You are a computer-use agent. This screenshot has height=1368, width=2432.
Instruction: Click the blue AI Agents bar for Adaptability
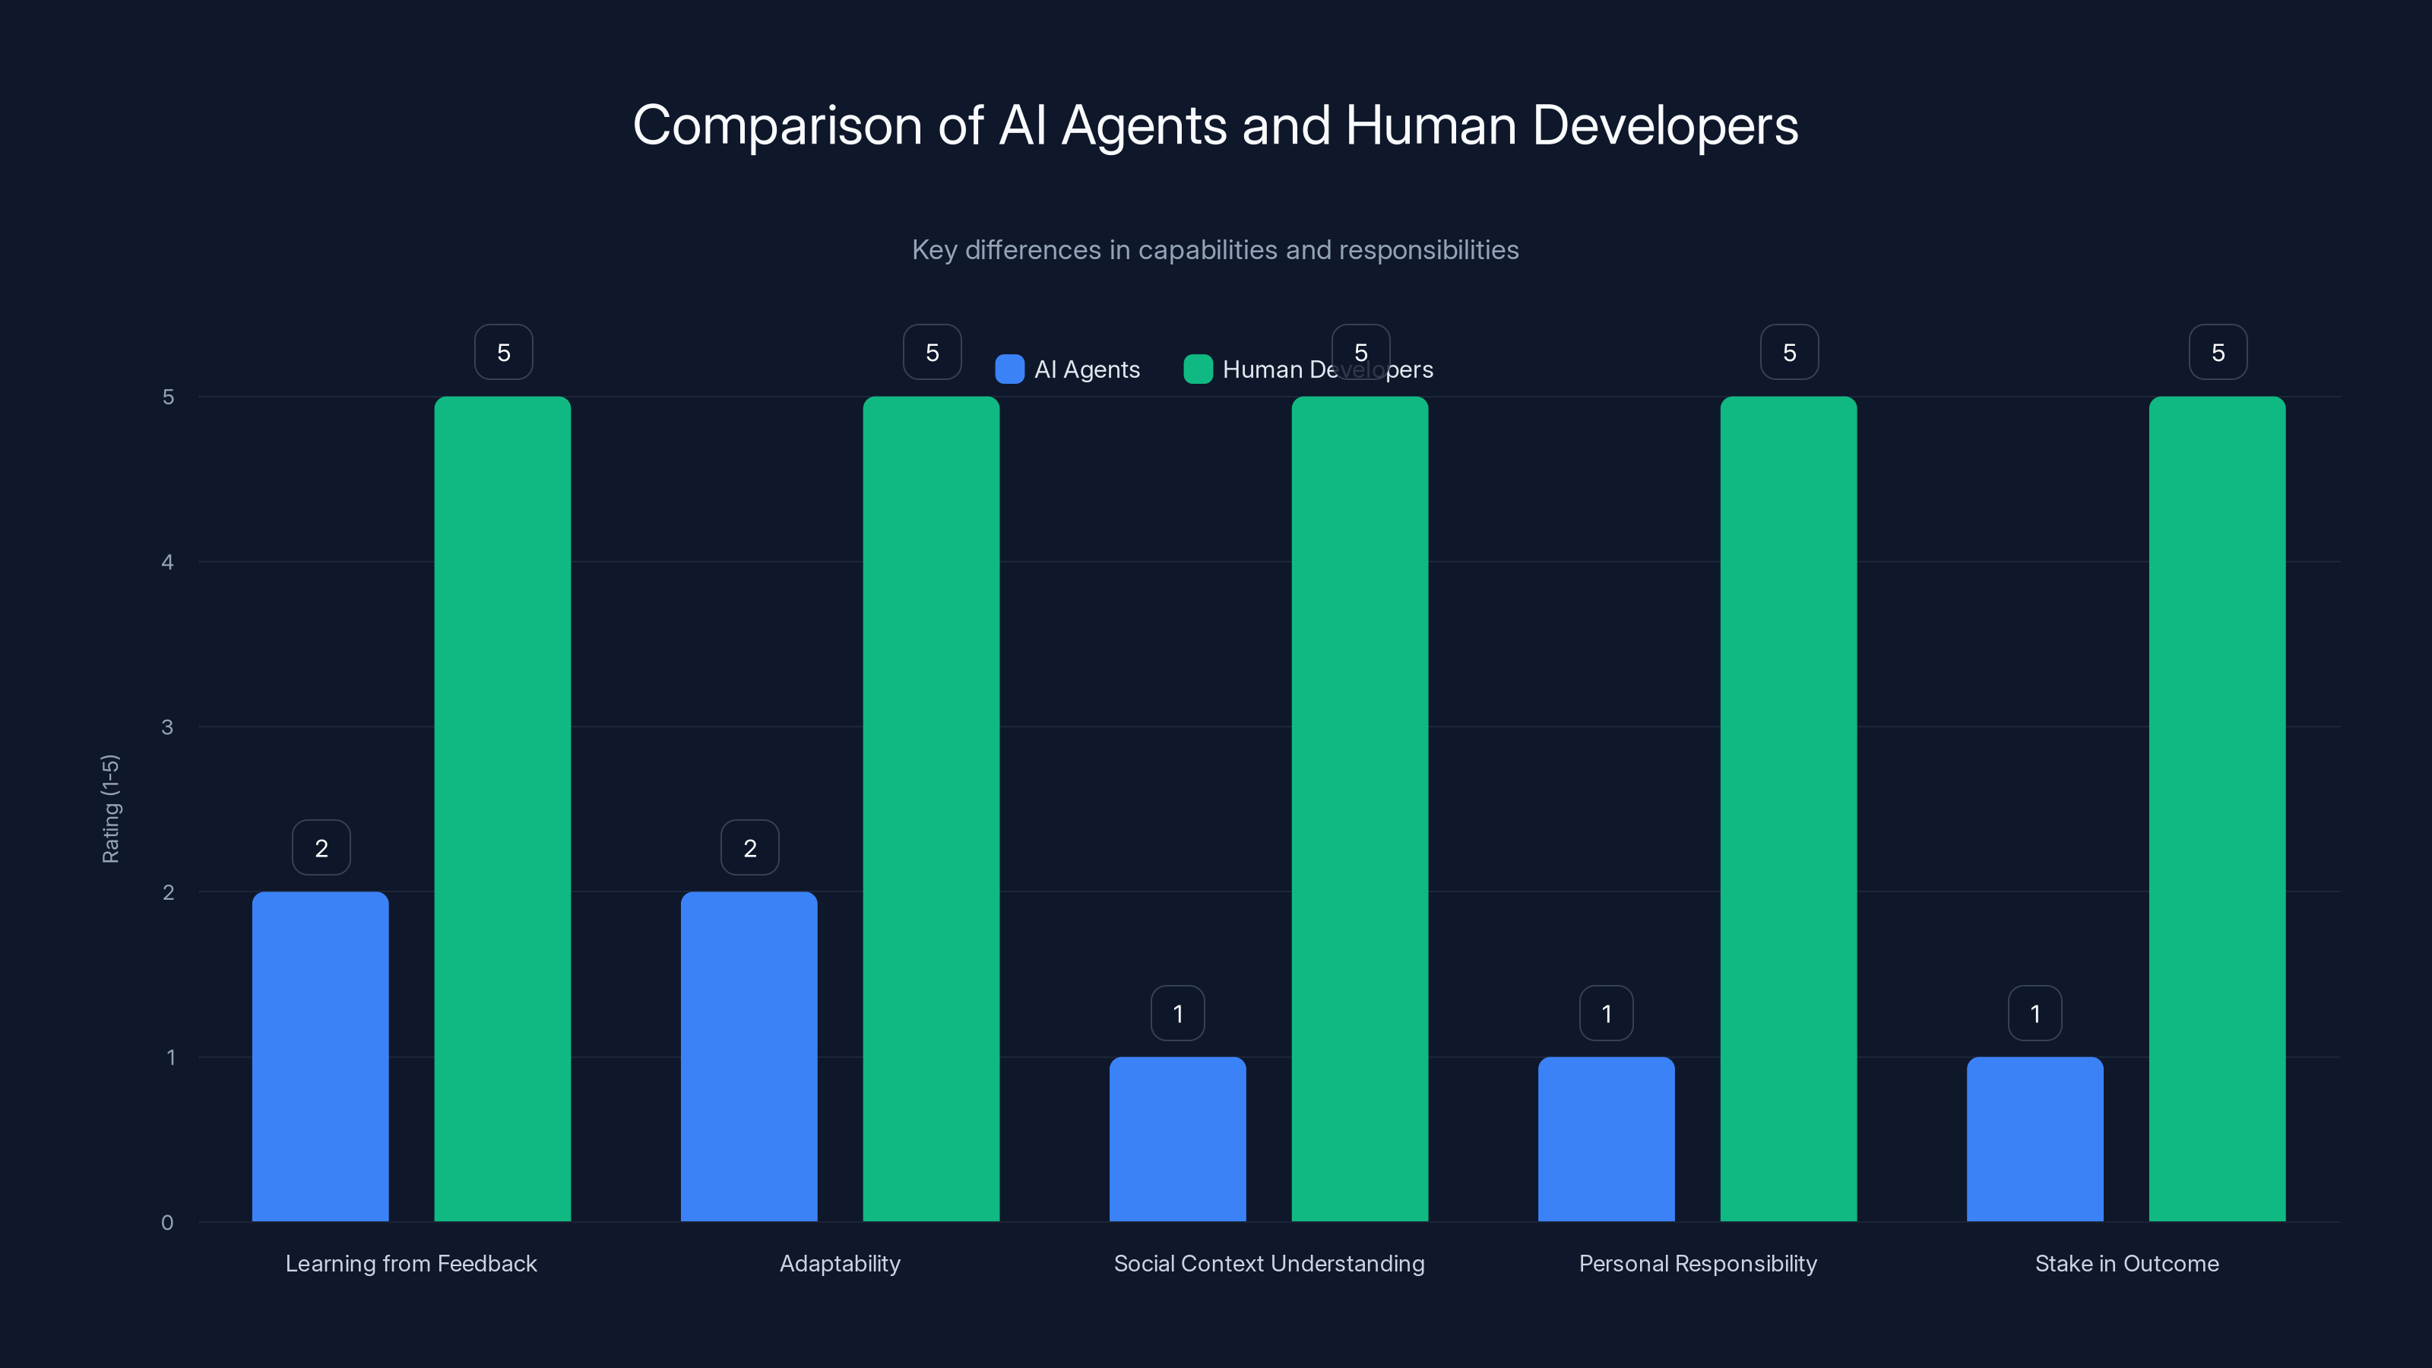pos(749,1056)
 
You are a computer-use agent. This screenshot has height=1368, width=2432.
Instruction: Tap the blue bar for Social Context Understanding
pos(1177,1138)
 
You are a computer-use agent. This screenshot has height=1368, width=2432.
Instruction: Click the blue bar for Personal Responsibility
pos(1606,1138)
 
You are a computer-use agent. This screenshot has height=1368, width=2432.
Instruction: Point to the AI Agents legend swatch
pos(1009,369)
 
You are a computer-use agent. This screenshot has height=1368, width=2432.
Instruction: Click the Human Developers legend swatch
pos(1197,369)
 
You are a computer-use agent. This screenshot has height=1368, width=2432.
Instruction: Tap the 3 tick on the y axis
pos(167,727)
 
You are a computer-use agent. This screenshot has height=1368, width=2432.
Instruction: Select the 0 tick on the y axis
pos(167,1223)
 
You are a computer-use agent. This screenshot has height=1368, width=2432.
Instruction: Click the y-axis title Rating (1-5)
pos(110,809)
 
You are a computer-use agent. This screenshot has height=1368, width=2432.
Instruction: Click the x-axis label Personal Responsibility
pos(1698,1263)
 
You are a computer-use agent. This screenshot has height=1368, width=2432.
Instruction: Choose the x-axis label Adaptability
pos(839,1263)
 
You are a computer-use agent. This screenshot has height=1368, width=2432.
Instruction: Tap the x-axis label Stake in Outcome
pos(2126,1263)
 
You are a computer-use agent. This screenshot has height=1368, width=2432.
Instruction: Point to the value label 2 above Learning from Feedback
pos(321,848)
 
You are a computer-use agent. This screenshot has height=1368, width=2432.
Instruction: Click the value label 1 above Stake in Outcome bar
pos(2035,1013)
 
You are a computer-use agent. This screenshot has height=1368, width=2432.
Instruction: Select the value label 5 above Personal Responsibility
pos(1789,352)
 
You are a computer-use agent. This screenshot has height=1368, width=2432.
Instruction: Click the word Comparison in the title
pos(777,125)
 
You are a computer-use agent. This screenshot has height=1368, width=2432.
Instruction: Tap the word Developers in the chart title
pos(1665,125)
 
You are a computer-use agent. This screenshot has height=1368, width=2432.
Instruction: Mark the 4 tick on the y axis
pos(167,562)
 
